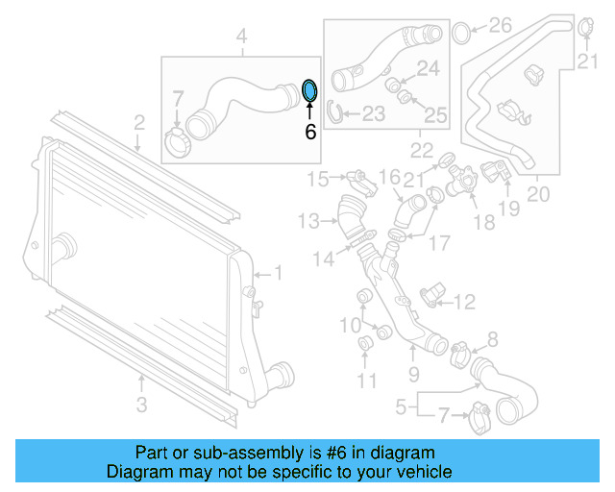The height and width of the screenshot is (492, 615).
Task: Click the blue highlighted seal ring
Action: tap(309, 90)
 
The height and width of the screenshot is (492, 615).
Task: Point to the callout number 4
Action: tap(242, 37)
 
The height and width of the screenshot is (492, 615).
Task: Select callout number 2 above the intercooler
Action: tap(139, 123)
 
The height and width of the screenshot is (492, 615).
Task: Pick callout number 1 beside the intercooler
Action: tap(279, 274)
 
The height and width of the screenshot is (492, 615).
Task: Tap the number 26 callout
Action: tap(501, 25)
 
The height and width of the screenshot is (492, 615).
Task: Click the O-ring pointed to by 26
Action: tap(460, 32)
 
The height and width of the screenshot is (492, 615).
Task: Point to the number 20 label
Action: tap(538, 194)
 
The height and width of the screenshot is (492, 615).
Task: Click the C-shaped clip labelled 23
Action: tap(336, 112)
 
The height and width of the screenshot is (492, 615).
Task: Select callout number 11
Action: tap(366, 381)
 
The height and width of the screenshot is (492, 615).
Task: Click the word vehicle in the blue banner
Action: tap(418, 473)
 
